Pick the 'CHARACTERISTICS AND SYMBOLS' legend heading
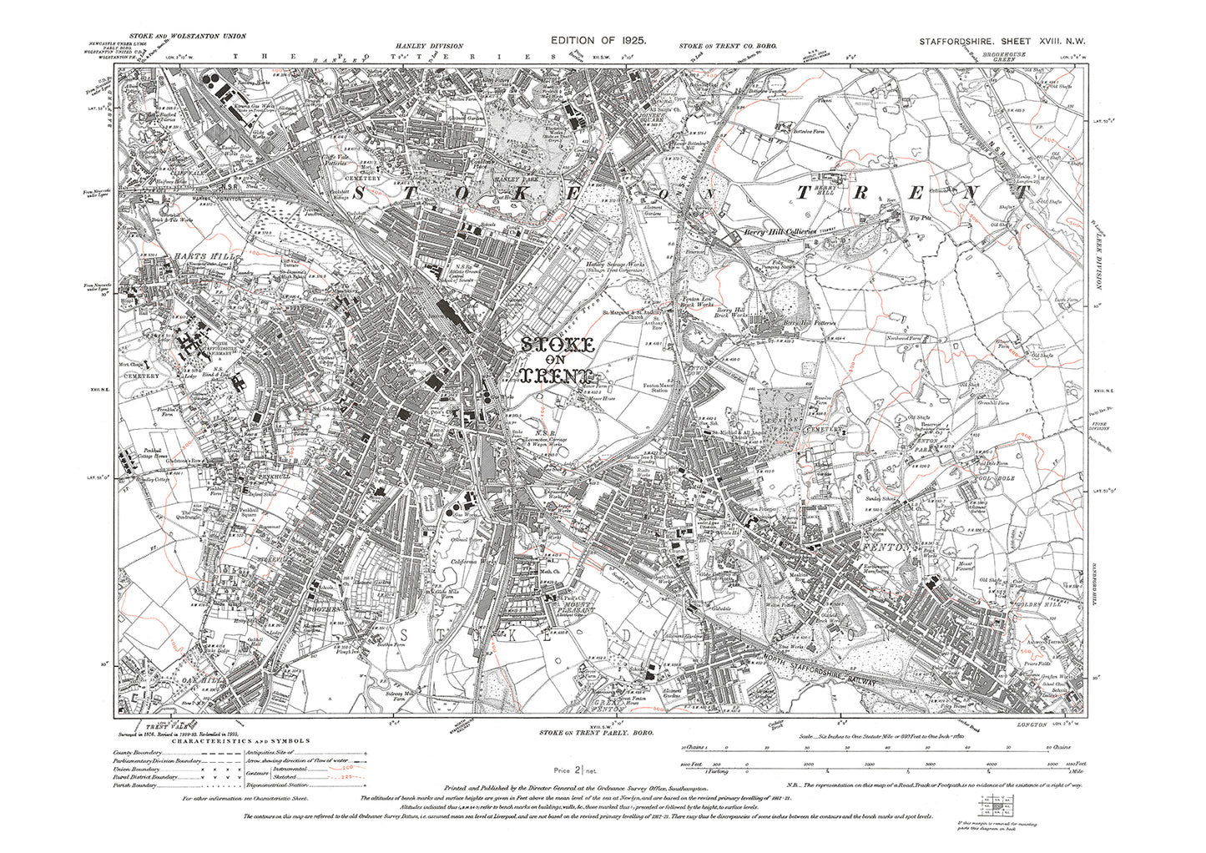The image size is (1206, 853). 242,739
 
